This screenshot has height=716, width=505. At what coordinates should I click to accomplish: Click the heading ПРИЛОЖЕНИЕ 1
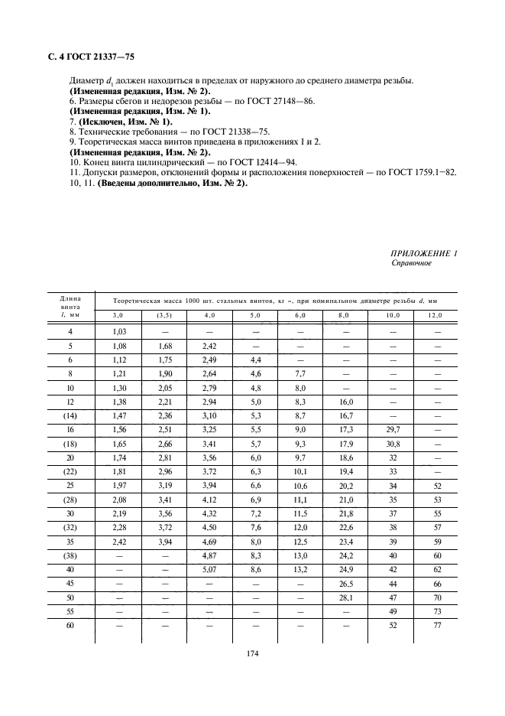pyautogui.click(x=424, y=253)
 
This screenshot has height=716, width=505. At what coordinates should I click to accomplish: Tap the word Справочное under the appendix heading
pyautogui.click(x=411, y=263)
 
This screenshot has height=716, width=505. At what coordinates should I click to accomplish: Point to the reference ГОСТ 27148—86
pyautogui.click(x=278, y=101)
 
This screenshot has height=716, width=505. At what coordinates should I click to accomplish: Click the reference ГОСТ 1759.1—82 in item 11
pyautogui.click(x=419, y=173)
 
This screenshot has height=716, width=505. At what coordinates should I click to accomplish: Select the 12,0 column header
pyautogui.click(x=435, y=315)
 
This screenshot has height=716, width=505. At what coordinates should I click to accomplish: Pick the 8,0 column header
pyautogui.click(x=345, y=315)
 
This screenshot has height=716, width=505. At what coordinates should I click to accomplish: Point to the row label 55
pyautogui.click(x=70, y=613)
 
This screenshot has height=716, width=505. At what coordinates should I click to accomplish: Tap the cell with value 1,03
pyautogui.click(x=118, y=330)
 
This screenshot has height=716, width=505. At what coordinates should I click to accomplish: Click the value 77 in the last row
pyautogui.click(x=439, y=626)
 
